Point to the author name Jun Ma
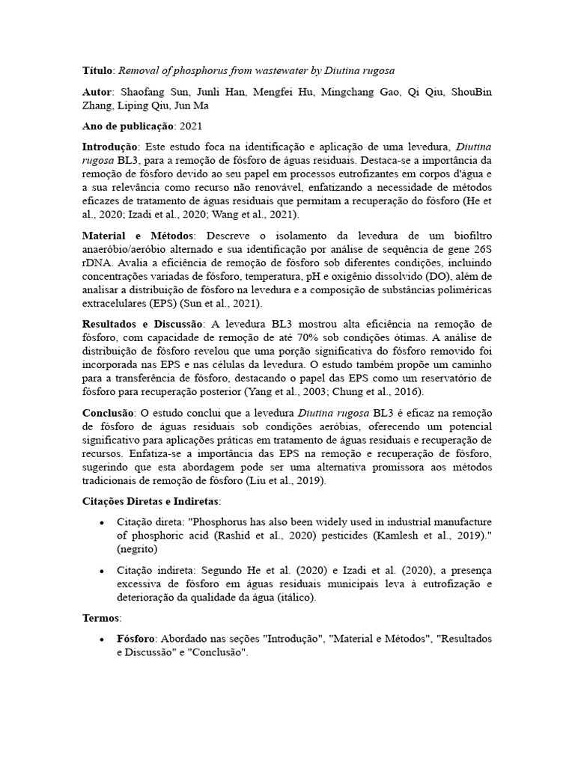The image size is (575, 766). click(192, 105)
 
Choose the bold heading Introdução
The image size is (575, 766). click(109, 147)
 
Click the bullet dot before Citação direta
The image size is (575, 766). click(102, 522)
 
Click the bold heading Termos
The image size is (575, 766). click(100, 619)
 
